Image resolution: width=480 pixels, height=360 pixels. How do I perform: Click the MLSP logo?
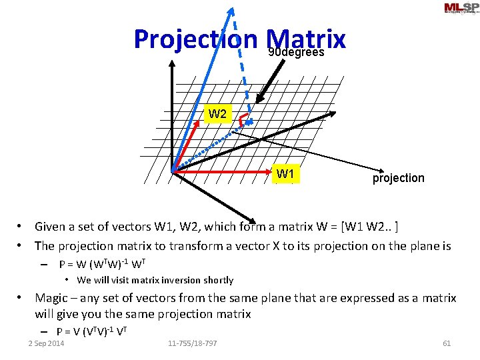tap(461, 8)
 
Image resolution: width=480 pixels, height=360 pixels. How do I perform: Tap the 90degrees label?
tap(296, 52)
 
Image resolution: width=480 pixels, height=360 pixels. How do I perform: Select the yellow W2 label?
tap(217, 114)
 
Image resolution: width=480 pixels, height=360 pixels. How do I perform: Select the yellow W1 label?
tap(286, 175)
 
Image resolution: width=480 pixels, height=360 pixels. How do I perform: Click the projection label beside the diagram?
tap(398, 178)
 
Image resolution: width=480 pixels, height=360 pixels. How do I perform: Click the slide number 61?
tap(447, 343)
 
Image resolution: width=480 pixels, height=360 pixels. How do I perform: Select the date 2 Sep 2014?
tap(46, 343)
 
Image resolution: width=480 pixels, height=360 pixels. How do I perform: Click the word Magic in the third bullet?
tap(53, 298)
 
